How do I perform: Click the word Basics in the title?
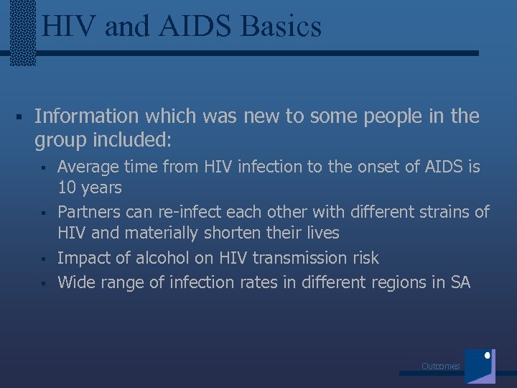click(x=282, y=27)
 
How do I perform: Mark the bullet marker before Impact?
click(x=43, y=259)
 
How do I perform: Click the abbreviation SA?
click(x=460, y=282)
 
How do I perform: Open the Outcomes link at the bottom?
click(x=440, y=366)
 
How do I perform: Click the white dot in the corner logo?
click(x=488, y=355)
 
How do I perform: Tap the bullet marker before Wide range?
click(x=43, y=283)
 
